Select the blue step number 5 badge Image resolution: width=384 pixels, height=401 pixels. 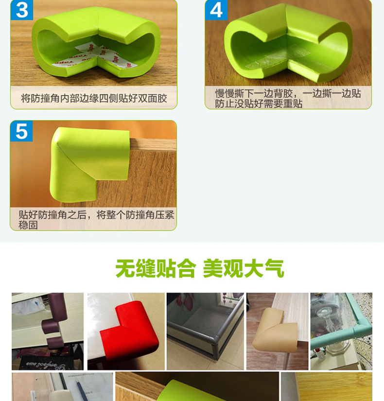(x=22, y=131)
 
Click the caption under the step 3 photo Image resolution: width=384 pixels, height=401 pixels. (x=94, y=99)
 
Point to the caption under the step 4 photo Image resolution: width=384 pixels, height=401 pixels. (x=288, y=98)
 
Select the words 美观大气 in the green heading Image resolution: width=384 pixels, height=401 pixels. (x=243, y=268)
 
